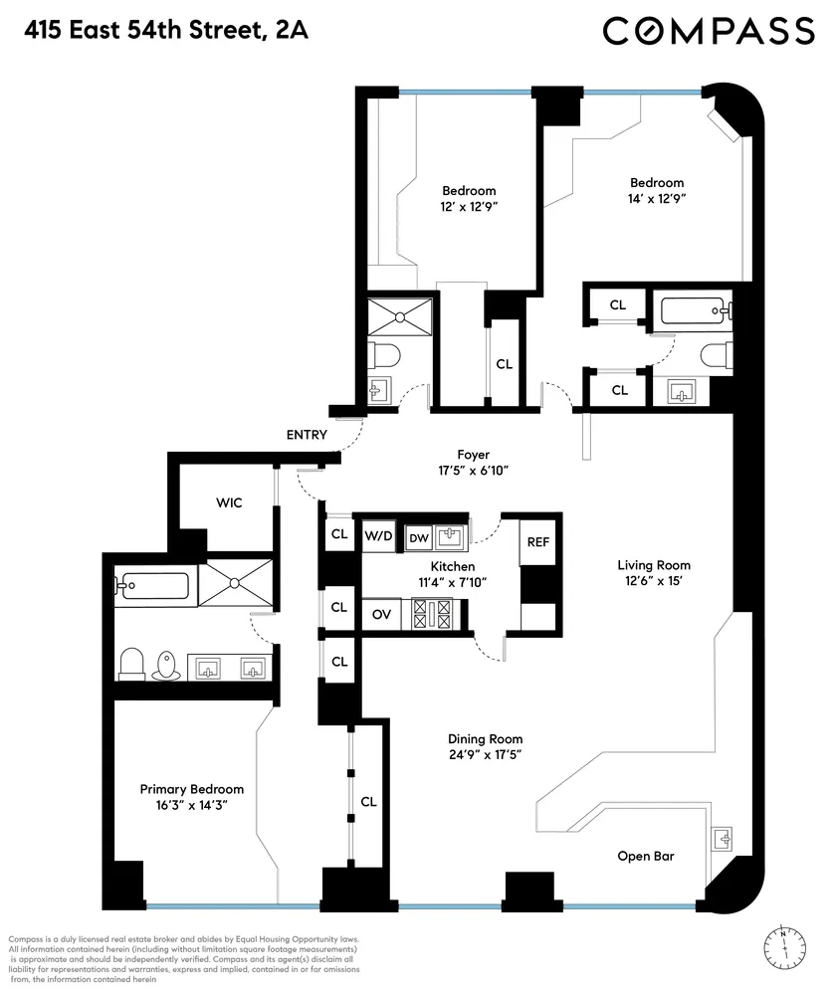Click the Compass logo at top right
[709, 31]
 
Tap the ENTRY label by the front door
[307, 435]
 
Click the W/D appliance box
[377, 536]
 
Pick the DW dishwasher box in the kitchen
[418, 537]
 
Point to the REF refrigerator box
[537, 542]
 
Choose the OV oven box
[380, 614]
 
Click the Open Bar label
[647, 856]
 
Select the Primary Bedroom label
[191, 788]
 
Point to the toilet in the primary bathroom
[132, 663]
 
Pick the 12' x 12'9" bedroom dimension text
[469, 207]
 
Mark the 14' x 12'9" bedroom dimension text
[657, 199]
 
